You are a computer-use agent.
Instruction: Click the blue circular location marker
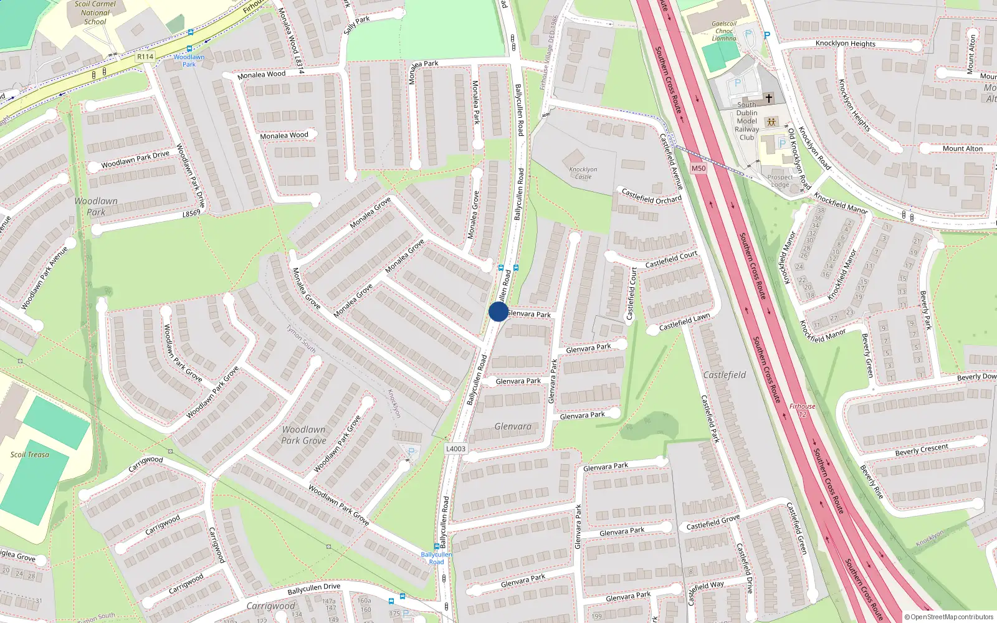click(x=499, y=311)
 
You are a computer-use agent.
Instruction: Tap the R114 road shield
click(x=145, y=57)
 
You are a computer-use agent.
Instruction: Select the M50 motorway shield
click(x=699, y=168)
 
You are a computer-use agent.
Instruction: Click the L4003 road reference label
click(x=456, y=449)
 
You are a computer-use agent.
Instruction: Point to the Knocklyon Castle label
click(x=583, y=173)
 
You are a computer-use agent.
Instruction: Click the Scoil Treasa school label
click(x=29, y=454)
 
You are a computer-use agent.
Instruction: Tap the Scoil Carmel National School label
click(x=95, y=13)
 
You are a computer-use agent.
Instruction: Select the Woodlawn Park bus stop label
click(x=189, y=60)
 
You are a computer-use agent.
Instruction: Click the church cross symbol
click(x=769, y=98)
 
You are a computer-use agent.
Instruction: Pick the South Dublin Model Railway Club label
click(x=747, y=121)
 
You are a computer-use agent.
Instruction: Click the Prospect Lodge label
click(x=780, y=181)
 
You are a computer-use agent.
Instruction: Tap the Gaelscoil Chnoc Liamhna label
click(x=724, y=31)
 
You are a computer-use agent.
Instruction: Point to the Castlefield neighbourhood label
click(x=724, y=375)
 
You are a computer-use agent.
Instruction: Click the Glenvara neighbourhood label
click(x=513, y=427)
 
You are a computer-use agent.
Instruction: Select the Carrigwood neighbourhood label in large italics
click(x=270, y=606)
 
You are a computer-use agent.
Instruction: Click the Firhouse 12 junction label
click(x=802, y=410)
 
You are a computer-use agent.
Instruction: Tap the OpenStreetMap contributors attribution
click(x=949, y=617)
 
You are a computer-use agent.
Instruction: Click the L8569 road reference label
click(x=191, y=213)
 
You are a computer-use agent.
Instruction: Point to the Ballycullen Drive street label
click(x=314, y=588)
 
